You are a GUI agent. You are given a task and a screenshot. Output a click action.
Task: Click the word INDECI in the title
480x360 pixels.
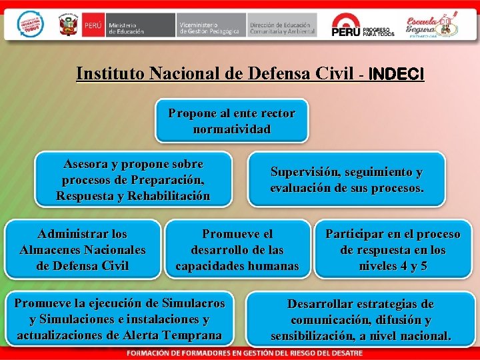(395, 74)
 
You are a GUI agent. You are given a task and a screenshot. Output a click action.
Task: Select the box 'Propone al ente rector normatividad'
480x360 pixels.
(231, 121)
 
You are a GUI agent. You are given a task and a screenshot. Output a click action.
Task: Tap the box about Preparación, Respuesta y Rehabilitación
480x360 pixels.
(133, 180)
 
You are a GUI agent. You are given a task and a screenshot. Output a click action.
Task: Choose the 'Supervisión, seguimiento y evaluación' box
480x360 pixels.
(346, 180)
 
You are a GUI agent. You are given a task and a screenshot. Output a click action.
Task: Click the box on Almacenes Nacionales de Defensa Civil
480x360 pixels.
(83, 250)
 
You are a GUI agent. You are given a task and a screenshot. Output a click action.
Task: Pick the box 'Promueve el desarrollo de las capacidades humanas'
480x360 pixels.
(237, 250)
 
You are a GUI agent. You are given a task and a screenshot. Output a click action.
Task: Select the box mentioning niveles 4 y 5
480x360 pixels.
(393, 250)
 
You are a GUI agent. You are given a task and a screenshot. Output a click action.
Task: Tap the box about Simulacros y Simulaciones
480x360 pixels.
(119, 319)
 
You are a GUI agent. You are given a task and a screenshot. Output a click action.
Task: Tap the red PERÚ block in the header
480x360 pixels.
(93, 25)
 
